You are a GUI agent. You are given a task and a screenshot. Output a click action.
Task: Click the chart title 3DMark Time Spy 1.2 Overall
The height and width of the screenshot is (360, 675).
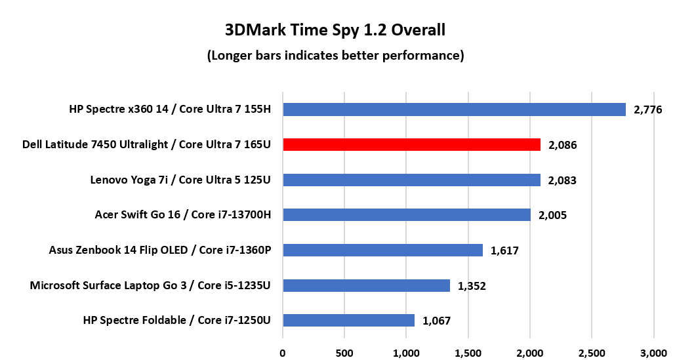(x=335, y=30)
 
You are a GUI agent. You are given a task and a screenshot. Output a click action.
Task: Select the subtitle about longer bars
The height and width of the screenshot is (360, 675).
(x=335, y=56)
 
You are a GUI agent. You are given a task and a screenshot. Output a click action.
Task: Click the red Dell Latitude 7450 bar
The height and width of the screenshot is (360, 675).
(x=411, y=144)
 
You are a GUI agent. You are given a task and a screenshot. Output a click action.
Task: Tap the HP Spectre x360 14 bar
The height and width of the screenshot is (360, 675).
(x=454, y=110)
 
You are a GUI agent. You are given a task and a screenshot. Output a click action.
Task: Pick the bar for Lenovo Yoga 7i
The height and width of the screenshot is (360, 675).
(x=411, y=180)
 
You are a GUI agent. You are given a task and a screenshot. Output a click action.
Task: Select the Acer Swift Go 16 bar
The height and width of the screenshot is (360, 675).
(x=406, y=214)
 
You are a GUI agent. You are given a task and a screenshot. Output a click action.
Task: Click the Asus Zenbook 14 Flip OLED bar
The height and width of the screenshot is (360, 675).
(x=382, y=250)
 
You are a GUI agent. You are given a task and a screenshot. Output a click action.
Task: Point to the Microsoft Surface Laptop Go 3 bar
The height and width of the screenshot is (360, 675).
(x=366, y=285)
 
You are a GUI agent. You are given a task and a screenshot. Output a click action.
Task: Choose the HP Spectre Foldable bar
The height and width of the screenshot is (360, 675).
(x=348, y=320)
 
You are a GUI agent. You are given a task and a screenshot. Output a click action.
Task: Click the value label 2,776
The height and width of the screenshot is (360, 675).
(x=646, y=110)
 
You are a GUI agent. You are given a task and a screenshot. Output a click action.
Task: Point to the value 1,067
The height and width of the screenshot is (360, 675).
(x=436, y=321)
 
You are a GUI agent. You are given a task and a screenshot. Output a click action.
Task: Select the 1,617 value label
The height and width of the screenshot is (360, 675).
(x=504, y=250)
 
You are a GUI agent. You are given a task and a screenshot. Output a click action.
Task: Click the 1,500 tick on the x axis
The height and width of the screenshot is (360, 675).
(x=468, y=352)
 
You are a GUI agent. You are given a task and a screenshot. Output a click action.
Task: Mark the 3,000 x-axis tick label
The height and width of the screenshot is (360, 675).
(x=653, y=352)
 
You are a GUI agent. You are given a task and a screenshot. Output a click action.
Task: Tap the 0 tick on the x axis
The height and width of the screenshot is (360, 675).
(x=283, y=352)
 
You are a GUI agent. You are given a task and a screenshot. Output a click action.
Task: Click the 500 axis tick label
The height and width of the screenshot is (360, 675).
(x=344, y=352)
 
